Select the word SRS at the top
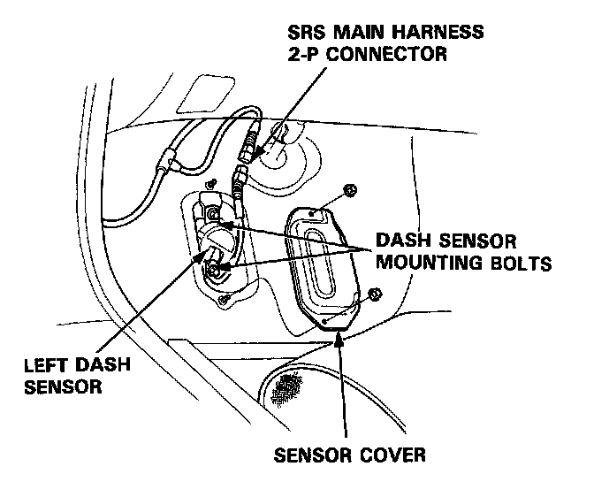(x=309, y=34)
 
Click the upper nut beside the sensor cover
(x=350, y=189)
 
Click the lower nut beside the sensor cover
(x=374, y=294)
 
